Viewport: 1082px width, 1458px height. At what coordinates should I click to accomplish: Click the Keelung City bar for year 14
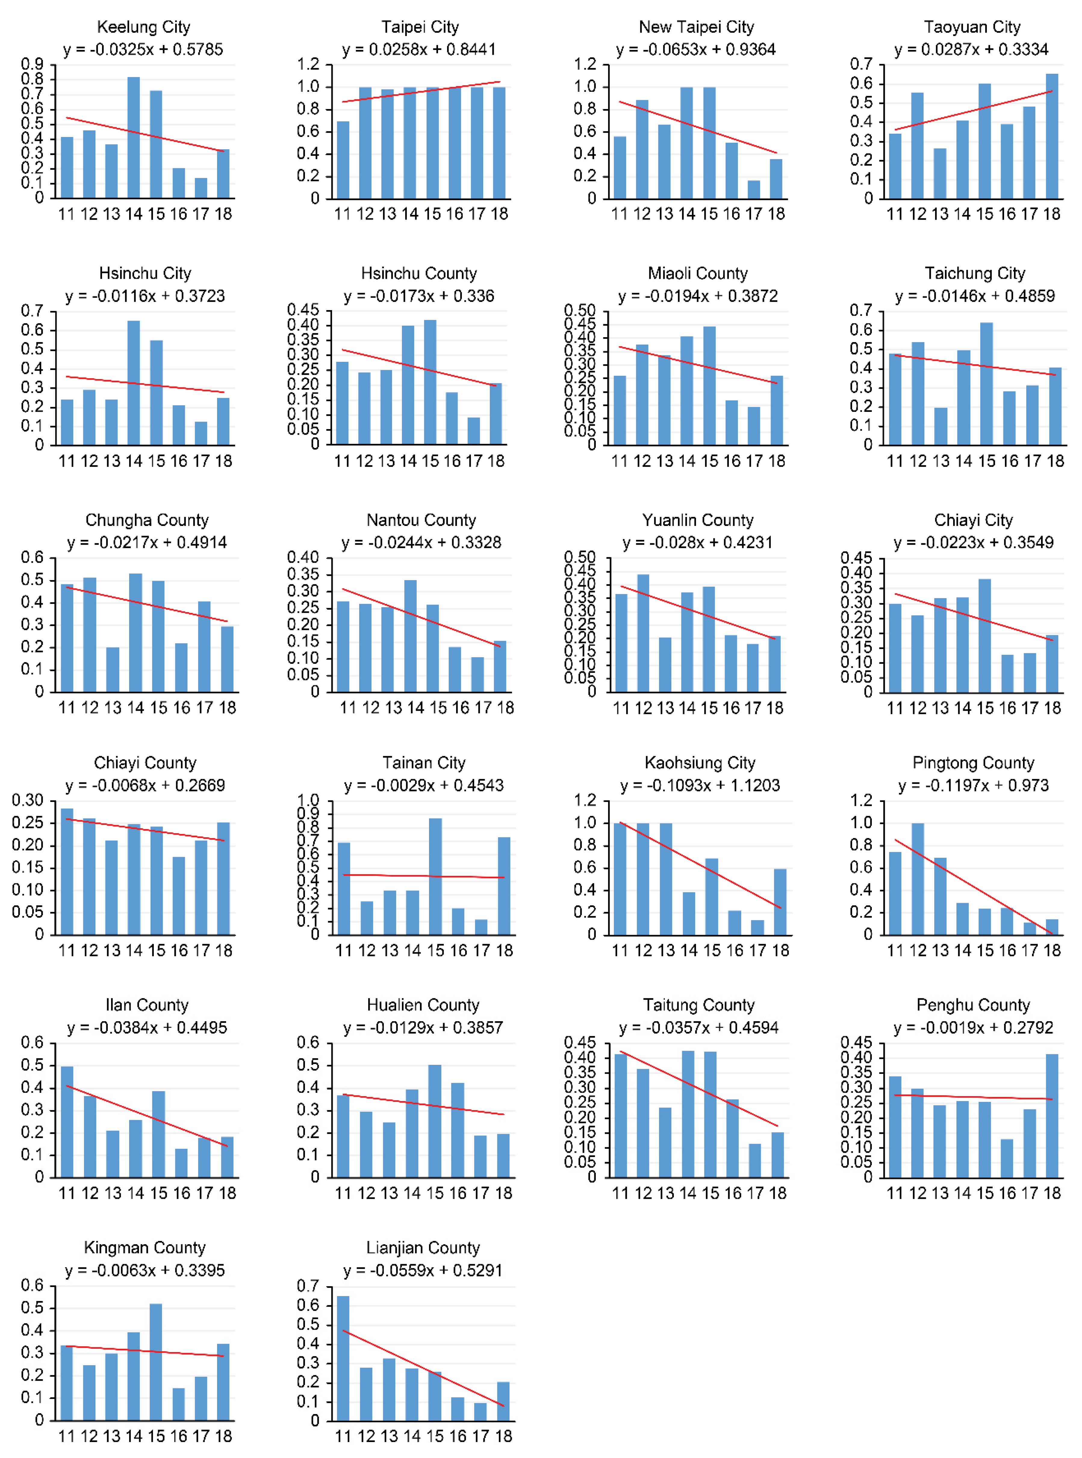(134, 138)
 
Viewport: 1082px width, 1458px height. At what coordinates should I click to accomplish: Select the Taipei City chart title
(420, 27)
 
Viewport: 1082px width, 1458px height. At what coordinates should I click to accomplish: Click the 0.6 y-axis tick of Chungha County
(32, 557)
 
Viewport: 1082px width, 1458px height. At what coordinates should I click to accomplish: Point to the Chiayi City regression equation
(973, 542)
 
